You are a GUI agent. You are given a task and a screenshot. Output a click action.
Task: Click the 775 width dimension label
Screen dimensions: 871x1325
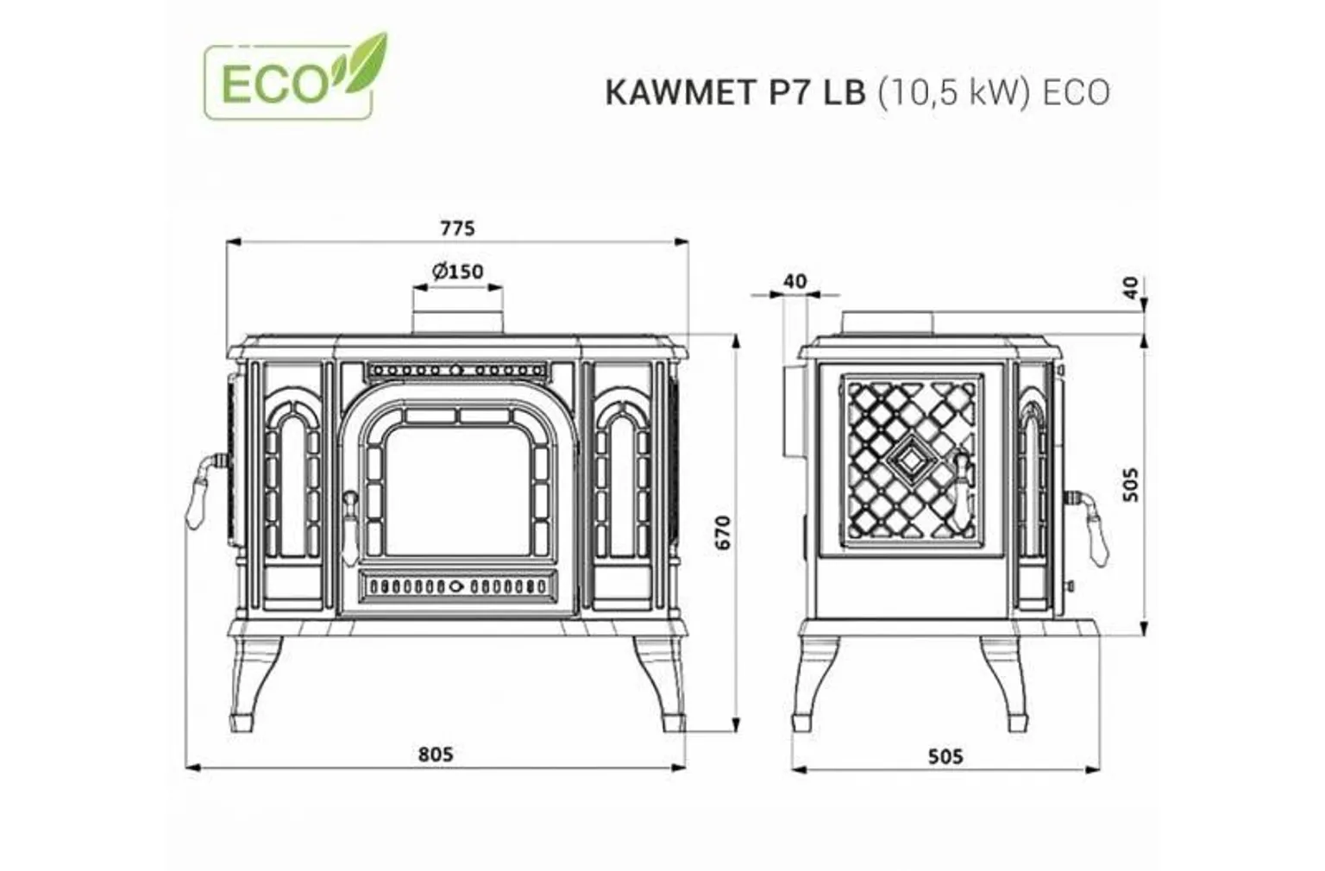coord(457,229)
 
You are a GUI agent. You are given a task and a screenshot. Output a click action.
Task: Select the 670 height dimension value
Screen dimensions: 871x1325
coord(723,532)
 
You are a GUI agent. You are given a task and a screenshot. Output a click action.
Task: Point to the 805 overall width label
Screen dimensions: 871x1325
coord(436,754)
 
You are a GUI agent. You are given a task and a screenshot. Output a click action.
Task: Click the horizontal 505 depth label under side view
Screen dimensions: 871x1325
coord(945,756)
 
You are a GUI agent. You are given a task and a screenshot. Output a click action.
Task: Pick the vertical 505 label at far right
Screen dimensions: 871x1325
coord(1131,484)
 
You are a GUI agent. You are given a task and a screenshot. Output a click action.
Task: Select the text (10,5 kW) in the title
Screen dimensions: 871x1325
coord(954,93)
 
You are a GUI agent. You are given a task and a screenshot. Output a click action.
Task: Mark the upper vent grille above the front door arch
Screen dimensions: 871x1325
coord(457,370)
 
